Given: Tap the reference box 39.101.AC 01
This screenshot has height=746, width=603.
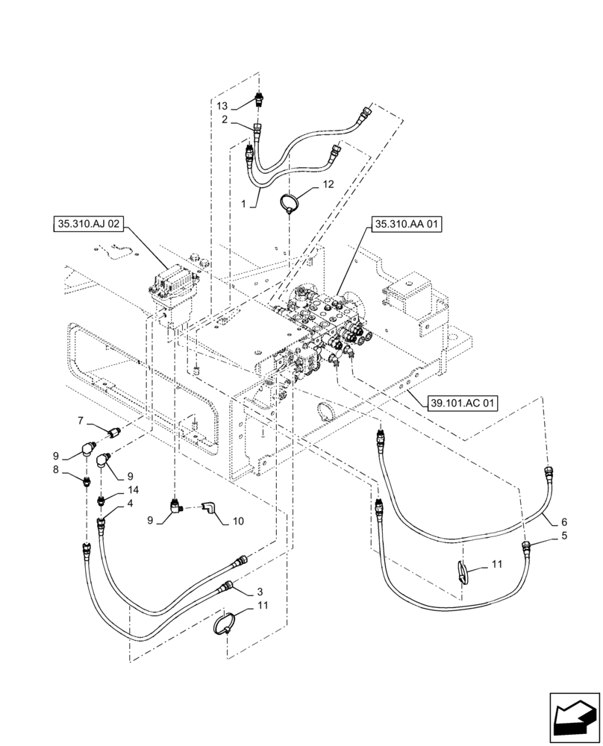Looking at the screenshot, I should pos(463,403).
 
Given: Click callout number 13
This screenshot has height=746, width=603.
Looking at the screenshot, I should pos(223,106).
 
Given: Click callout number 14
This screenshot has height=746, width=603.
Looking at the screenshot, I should pos(133,489).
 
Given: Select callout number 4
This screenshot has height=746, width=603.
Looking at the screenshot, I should pos(131,504).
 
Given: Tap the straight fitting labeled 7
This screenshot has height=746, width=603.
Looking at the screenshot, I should pos(114,431).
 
